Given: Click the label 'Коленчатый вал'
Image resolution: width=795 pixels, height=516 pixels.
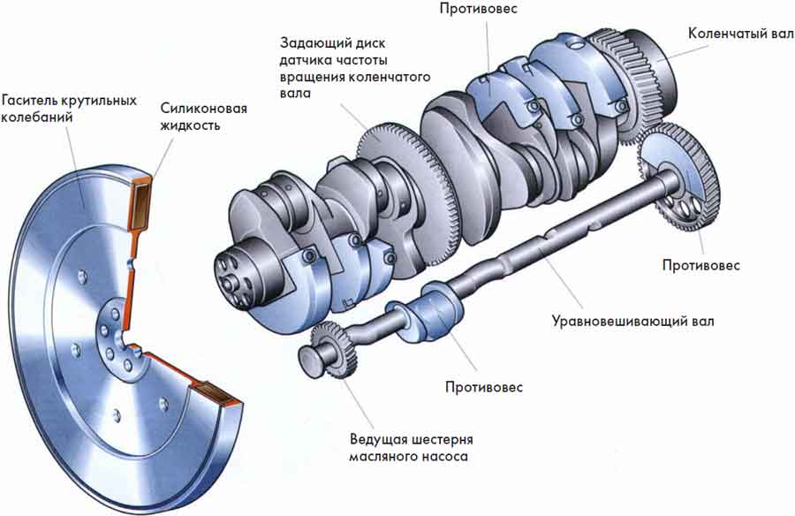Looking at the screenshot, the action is (x=741, y=34).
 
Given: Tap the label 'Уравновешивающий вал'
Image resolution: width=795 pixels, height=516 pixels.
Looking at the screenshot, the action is (x=632, y=321).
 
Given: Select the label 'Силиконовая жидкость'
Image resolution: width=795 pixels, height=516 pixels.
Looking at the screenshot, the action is (x=203, y=117).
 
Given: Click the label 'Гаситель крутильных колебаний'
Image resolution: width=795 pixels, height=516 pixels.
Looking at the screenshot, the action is (x=70, y=108).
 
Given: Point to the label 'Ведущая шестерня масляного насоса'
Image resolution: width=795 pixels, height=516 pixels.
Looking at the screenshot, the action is (x=411, y=447).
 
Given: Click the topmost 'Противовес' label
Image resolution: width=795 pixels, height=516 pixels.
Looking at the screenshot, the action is (x=479, y=9).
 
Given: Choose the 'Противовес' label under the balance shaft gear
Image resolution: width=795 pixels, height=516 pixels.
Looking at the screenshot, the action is (x=701, y=265).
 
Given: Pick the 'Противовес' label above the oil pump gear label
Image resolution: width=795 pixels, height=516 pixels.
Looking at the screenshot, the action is (x=484, y=387).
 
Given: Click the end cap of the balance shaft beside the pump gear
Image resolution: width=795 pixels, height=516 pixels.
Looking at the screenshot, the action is (x=310, y=360).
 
